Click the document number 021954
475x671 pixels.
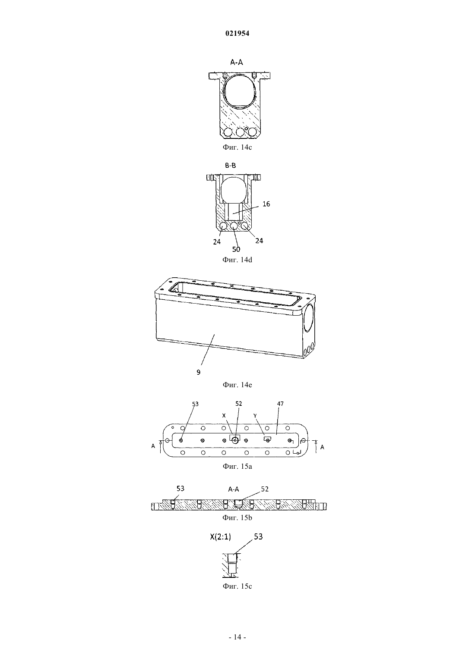coord(237,33)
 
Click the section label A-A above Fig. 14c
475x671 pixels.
coord(237,62)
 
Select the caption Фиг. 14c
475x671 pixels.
coord(237,147)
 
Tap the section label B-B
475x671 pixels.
coord(231,165)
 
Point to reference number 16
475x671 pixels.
coord(266,204)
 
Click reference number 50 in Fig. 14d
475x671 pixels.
coord(236,249)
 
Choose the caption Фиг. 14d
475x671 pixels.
coord(237,260)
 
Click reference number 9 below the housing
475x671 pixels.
coord(199,372)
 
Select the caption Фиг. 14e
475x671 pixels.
coord(237,385)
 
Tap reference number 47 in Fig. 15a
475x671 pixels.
coord(280,404)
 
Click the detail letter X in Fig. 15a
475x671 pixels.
coord(224,416)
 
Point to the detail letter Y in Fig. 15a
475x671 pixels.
coord(255,416)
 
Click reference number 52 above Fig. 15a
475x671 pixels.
coord(238,404)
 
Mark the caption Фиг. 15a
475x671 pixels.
coord(237,467)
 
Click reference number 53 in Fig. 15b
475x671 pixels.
coord(180,489)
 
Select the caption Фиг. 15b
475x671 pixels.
coord(237,517)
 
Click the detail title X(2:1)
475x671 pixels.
coord(220,537)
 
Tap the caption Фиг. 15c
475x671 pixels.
coord(237,586)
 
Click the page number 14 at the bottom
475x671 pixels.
coord(237,637)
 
